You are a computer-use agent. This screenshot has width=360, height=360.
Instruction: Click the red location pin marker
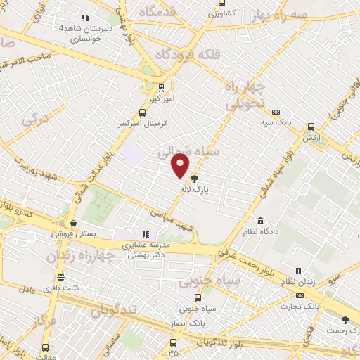coord(181,166)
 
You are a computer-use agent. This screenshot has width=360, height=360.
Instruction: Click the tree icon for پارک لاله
coord(195,178)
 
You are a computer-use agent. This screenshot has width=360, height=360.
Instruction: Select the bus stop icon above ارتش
coord(311,127)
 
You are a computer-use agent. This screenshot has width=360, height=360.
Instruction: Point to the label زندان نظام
coord(309,282)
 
